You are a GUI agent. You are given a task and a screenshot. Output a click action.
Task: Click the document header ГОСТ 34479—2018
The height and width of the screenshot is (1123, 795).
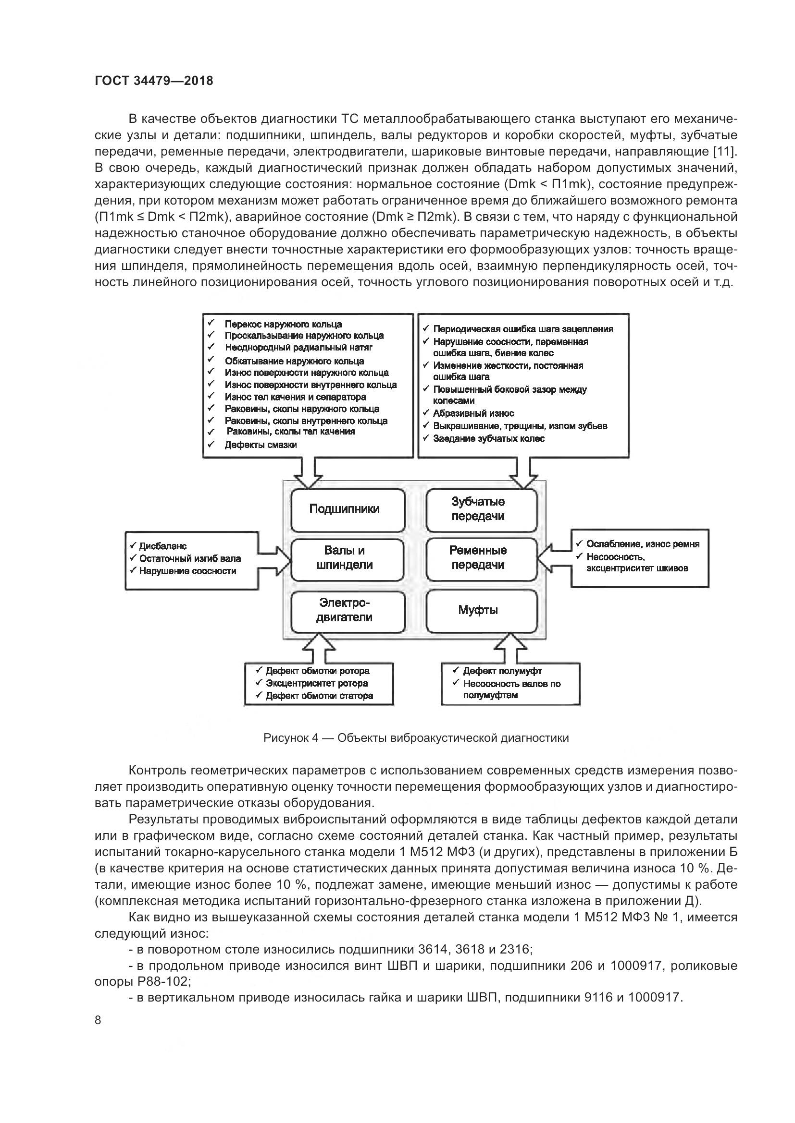(x=154, y=81)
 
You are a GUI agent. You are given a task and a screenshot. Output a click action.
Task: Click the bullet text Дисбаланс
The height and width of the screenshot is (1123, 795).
(x=163, y=546)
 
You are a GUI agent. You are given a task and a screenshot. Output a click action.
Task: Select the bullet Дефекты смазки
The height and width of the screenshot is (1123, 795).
(x=261, y=445)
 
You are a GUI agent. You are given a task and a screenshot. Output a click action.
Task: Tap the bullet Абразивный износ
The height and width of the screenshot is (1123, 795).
(x=473, y=413)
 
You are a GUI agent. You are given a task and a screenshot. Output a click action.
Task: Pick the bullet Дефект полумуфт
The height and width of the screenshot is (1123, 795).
(x=502, y=671)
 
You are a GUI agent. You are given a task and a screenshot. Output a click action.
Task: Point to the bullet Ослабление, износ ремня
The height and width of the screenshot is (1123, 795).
(x=642, y=544)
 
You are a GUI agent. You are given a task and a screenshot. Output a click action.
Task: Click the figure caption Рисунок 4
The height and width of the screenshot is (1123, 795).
(x=416, y=737)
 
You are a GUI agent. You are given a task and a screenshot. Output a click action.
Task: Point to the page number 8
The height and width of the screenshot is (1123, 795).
(x=98, y=1020)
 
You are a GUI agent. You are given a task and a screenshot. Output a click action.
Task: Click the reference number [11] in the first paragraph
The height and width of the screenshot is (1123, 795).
(x=725, y=152)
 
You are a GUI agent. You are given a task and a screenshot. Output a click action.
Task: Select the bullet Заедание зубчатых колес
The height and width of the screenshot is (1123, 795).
(x=488, y=438)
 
